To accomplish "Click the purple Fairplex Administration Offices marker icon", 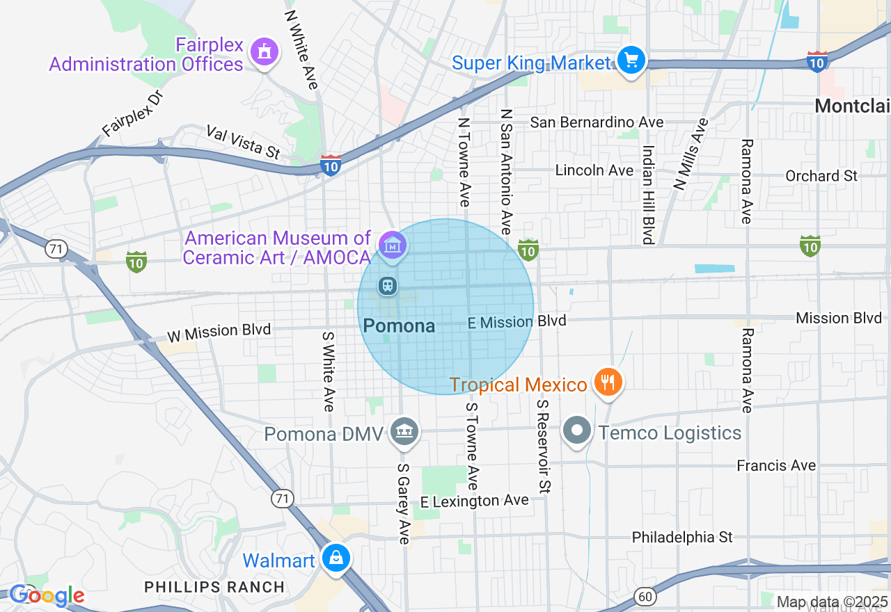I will (x=264, y=52).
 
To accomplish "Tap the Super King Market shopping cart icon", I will (x=631, y=61).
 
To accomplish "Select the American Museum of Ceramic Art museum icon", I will (x=393, y=245).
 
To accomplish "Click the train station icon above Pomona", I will (x=387, y=285).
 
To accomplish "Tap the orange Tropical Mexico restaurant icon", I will (x=608, y=381).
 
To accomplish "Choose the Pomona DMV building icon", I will (x=404, y=432).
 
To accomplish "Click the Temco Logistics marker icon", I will (x=577, y=431).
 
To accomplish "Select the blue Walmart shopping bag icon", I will (x=336, y=558).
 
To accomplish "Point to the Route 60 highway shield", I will (x=644, y=595).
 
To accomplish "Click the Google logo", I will (x=47, y=595).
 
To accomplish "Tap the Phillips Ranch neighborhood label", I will (x=214, y=587).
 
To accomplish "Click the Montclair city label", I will (x=852, y=106).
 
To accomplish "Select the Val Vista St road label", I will (x=243, y=142).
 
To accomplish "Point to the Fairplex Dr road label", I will (x=132, y=112).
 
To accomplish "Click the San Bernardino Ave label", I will (x=597, y=122).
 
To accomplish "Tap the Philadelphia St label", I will (x=682, y=537).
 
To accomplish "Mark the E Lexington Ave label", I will (x=474, y=501).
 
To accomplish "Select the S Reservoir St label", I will (x=544, y=444).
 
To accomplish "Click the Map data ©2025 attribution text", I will (x=831, y=602).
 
